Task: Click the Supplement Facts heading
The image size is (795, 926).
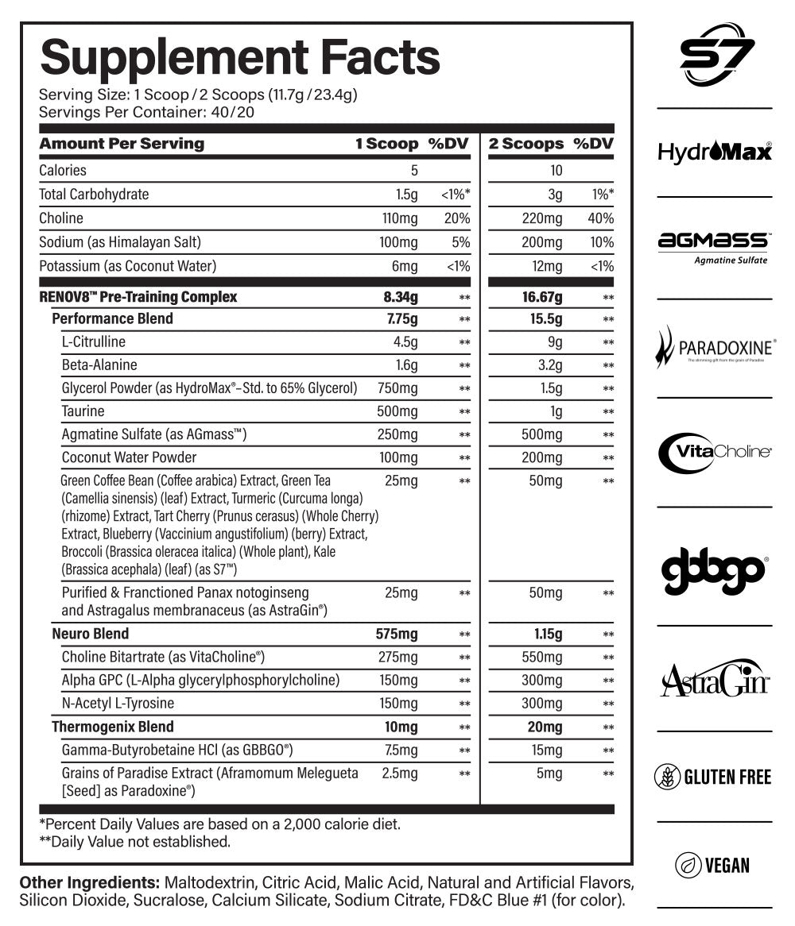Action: coord(239,57)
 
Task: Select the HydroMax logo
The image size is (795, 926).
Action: coord(715,151)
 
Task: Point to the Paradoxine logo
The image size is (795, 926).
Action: coord(715,348)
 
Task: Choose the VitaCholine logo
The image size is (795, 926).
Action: coord(715,451)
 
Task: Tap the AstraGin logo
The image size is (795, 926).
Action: coord(715,678)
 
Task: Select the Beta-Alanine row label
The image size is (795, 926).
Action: coord(99,365)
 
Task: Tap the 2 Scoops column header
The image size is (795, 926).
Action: coord(526,144)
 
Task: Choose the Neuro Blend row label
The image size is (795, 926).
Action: coord(90,634)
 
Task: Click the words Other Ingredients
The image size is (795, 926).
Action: coord(88,883)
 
